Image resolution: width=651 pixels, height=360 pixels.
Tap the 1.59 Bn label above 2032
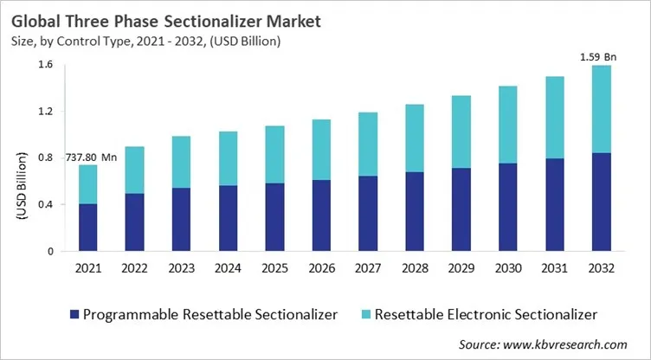click(x=598, y=56)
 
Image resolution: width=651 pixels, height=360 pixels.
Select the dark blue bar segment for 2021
click(x=87, y=228)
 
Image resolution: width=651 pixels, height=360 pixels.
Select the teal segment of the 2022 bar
click(x=134, y=170)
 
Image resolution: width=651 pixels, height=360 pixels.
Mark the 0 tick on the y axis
click(x=48, y=252)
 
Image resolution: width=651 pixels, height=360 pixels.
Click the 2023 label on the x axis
click(x=180, y=269)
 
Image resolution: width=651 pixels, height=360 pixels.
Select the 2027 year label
click(x=365, y=269)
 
